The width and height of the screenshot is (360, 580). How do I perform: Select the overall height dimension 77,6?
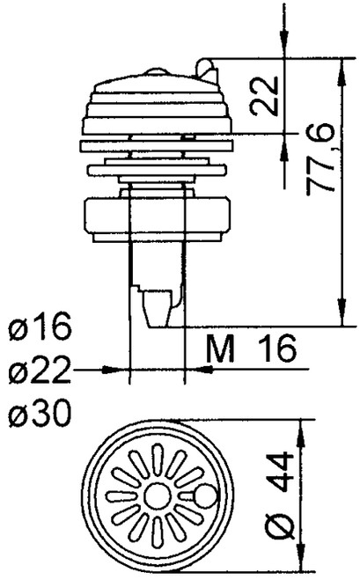coord(318,164)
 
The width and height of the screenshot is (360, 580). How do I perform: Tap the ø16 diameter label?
coord(40,332)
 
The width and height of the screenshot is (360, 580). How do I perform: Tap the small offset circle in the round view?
coord(204,499)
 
